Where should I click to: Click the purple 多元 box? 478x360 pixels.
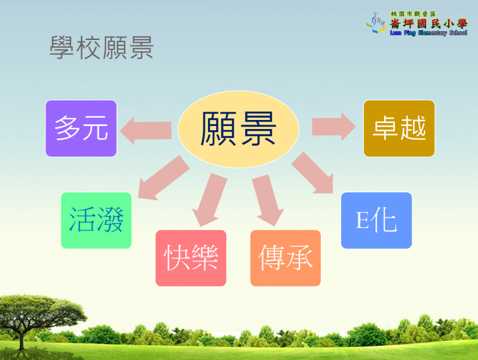81,128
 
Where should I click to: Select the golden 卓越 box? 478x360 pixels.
399,128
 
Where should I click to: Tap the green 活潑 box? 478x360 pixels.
96,220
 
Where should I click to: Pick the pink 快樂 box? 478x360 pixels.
191,258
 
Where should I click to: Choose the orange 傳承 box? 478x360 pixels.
286,258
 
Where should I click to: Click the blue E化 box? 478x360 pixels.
376,220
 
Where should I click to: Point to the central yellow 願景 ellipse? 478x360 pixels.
238,129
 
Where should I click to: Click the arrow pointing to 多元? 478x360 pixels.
146,131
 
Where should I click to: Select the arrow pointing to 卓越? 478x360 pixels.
333,127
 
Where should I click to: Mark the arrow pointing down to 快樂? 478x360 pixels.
210,200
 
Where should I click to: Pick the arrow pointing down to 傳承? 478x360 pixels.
268,200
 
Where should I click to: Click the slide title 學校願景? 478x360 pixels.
102,48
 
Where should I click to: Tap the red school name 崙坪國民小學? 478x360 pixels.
428,23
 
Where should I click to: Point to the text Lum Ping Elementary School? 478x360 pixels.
428,33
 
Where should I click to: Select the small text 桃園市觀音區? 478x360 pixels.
413,14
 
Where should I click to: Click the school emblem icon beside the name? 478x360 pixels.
377,23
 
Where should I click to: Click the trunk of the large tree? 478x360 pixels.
22,337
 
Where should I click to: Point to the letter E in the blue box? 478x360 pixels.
362,220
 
